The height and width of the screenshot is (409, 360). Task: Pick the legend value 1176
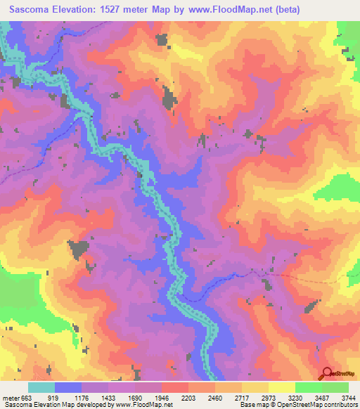(x=90, y=397)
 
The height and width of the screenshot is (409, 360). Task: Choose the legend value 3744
(x=349, y=397)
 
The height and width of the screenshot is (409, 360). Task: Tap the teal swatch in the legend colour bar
(x=41, y=387)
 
